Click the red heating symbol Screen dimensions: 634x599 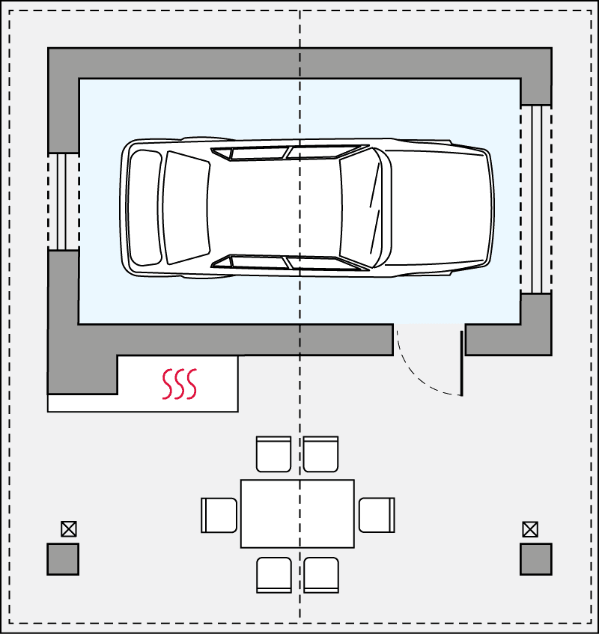(x=180, y=384)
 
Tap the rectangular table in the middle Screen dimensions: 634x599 (x=297, y=513)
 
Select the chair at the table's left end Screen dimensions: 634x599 (x=219, y=515)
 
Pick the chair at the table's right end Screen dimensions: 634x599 (x=376, y=515)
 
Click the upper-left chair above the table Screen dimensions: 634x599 (x=273, y=454)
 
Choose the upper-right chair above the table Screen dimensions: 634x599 (x=320, y=454)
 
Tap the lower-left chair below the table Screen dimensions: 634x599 (x=273, y=575)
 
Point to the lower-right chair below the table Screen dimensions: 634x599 (x=320, y=575)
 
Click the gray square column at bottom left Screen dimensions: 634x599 (x=63, y=559)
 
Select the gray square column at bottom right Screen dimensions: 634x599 (x=536, y=559)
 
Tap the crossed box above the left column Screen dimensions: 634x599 (x=68, y=529)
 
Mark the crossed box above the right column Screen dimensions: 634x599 (x=530, y=529)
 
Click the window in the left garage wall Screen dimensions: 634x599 (x=63, y=201)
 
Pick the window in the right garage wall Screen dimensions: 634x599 (x=536, y=198)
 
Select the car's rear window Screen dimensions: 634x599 (x=186, y=207)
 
